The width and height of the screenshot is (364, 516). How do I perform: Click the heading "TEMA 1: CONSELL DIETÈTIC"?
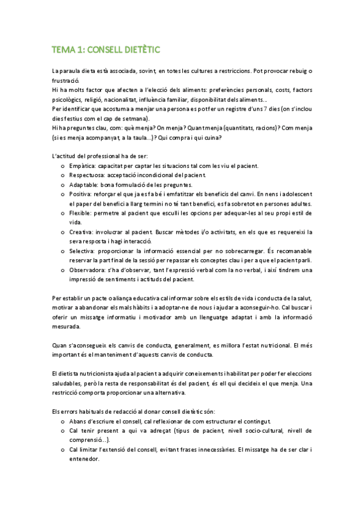(x=106, y=49)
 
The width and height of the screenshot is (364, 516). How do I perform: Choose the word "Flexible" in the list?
(x=80, y=213)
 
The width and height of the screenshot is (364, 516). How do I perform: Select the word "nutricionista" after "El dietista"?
(x=99, y=374)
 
